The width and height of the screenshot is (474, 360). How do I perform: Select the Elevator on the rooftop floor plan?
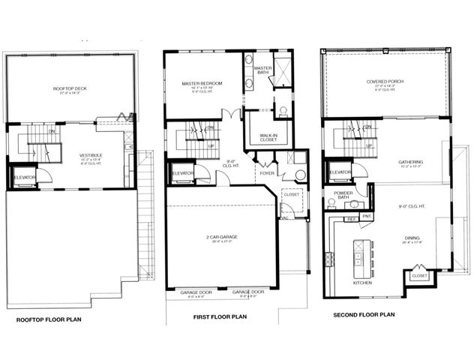(x=24, y=177)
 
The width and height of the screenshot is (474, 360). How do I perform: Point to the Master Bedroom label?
(x=193, y=83)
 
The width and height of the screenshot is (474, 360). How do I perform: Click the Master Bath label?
(x=262, y=69)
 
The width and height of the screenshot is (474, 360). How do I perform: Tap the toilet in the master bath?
(x=282, y=111)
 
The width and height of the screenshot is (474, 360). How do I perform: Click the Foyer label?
(x=268, y=172)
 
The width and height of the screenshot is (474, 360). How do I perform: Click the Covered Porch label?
(x=386, y=82)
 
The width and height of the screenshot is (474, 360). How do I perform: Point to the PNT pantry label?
(x=367, y=216)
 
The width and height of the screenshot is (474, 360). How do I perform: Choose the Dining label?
(x=413, y=238)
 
